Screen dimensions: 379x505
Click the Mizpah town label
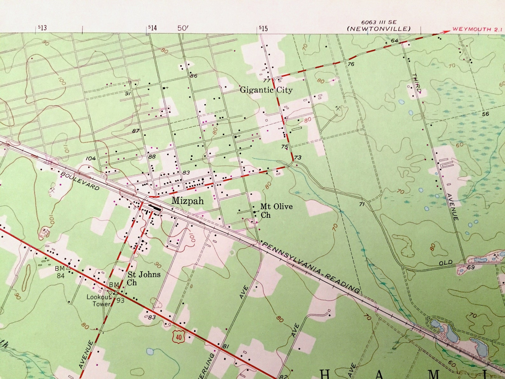[x=188, y=201]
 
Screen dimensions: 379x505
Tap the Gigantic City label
[x=266, y=90]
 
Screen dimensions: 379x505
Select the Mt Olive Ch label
[x=276, y=211]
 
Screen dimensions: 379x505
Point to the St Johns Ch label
[x=144, y=278]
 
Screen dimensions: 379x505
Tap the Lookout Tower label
[x=99, y=300]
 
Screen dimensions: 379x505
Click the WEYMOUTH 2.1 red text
[x=477, y=29]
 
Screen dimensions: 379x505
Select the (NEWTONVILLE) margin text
[x=379, y=29]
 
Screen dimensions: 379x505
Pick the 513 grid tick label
[x=42, y=28]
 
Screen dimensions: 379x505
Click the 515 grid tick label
[x=263, y=28]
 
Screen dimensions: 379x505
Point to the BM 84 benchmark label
[x=60, y=273]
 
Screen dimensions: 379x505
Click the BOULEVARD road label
[x=80, y=181]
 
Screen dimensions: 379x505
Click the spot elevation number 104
[x=91, y=158]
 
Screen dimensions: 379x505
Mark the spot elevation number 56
[x=485, y=114]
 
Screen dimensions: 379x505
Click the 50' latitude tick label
[x=183, y=28]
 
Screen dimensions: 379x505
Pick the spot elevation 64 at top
[x=395, y=40]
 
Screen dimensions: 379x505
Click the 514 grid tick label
[x=152, y=28]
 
